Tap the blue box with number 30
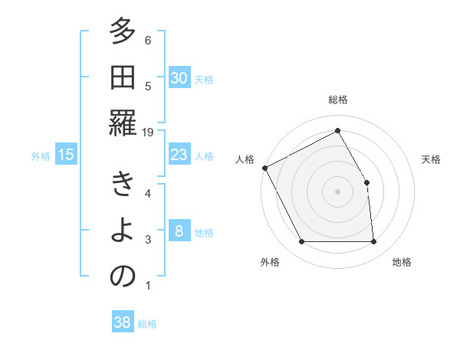pos(179,77)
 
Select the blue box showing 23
pos(179,155)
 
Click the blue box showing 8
pos(179,231)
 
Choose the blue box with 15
pos(66,155)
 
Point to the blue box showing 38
pos(123,322)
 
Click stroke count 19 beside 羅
pos(149,132)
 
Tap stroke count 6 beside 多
pos(148,41)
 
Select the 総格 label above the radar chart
pos(337,100)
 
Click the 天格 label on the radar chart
pos(431,159)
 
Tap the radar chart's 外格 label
pos(270,262)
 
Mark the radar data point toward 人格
pos(264,168)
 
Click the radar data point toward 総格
pos(337,131)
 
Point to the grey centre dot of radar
pos(337,191)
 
